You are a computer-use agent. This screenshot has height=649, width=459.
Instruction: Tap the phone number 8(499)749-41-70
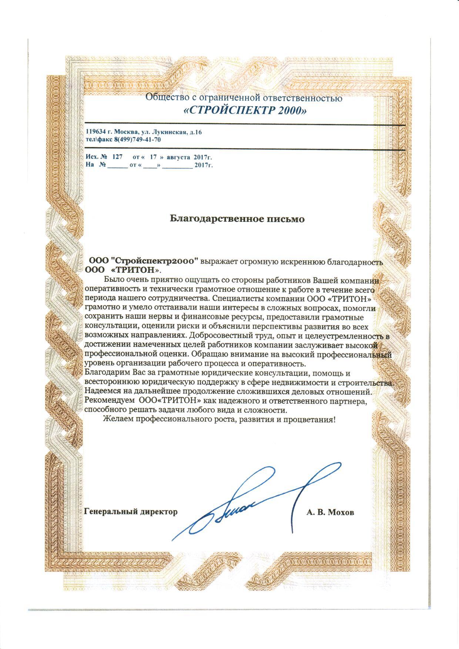(x=137, y=140)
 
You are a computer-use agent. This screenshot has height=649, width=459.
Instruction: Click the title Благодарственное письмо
(x=237, y=219)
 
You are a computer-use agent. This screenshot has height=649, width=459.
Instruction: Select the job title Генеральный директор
(x=131, y=512)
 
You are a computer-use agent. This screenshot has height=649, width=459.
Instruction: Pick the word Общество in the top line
(x=163, y=98)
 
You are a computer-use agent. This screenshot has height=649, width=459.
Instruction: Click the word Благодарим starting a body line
(x=105, y=373)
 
